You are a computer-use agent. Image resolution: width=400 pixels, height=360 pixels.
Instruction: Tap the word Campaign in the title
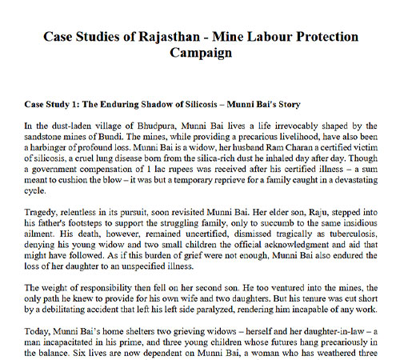pos(200,54)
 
